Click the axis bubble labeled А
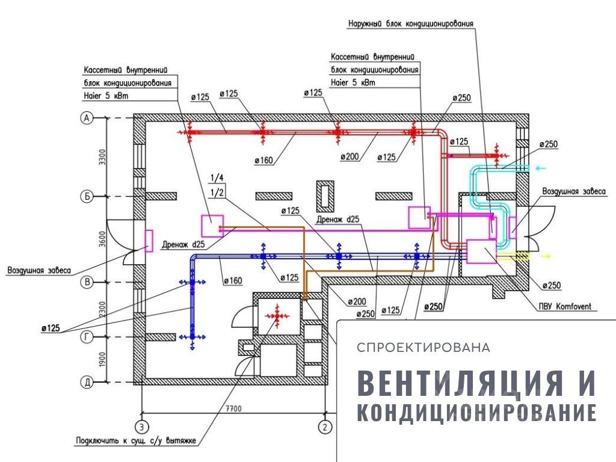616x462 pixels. tap(87, 119)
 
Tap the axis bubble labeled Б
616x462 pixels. tap(87, 196)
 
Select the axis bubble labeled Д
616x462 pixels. tap(87, 381)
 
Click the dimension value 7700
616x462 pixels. tap(233, 409)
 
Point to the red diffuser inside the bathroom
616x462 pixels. tap(277, 315)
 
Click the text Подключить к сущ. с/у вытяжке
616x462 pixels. tap(136, 442)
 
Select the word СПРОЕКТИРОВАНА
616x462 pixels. tap(423, 348)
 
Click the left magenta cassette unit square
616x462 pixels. tap(212, 226)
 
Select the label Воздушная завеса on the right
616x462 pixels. tap(574, 191)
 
